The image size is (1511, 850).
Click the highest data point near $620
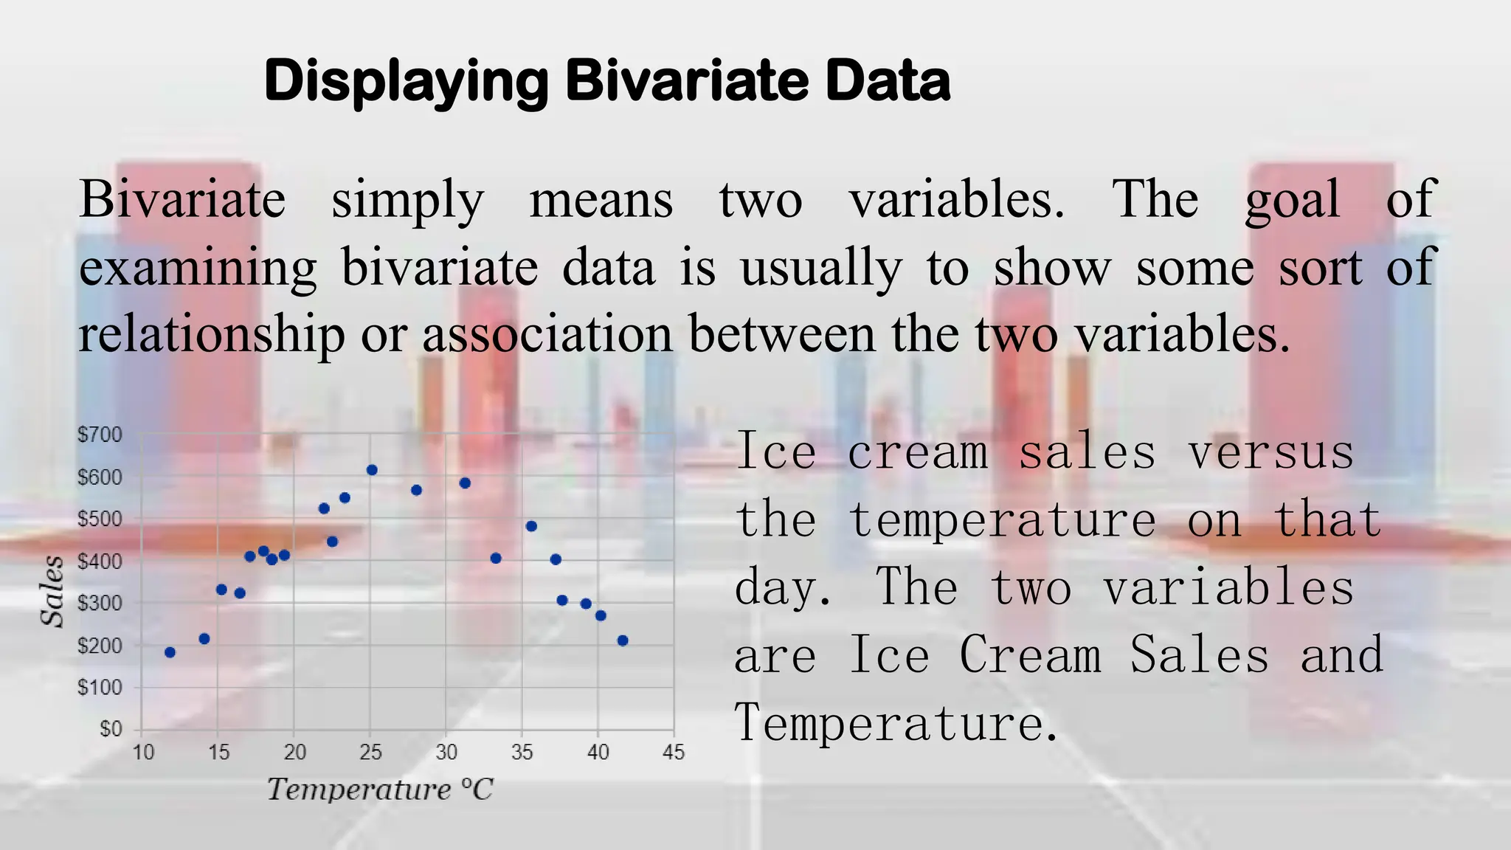pos(372,470)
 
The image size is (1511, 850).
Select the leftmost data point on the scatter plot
pos(170,652)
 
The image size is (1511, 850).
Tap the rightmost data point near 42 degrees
pos(622,640)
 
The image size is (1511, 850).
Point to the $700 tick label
pos(100,435)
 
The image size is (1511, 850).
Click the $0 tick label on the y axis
pos(111,729)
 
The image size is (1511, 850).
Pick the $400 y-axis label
pos(100,562)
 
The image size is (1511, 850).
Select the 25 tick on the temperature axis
pos(370,753)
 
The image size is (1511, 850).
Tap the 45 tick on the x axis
pos(673,753)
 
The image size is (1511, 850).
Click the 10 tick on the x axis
pos(143,753)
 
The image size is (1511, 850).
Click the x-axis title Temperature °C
pos(379,789)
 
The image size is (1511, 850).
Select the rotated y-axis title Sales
pos(52,592)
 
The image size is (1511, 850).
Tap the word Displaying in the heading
pos(406,81)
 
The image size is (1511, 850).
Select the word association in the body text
pos(547,334)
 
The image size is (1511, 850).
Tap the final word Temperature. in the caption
pos(896,723)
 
